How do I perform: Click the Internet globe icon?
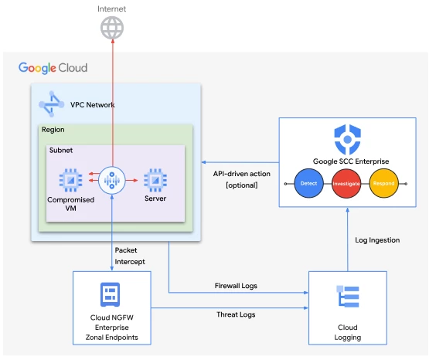coord(112,28)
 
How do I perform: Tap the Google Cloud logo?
coord(53,68)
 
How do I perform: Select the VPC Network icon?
coord(52,104)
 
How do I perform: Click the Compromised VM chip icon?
coord(70,180)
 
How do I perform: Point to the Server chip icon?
coord(155,180)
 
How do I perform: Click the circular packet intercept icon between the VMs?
coord(112,181)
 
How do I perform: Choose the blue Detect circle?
coord(308,183)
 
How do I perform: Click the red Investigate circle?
coord(346,183)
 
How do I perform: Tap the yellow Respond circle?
coord(383,183)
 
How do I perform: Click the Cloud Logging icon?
coord(348,297)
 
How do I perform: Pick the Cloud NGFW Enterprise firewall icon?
coord(110,294)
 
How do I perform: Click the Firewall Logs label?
coord(236,286)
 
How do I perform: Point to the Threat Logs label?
coord(236,314)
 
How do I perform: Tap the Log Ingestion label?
coord(377,240)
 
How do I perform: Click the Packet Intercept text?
coord(130,256)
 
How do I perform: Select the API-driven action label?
coord(242,174)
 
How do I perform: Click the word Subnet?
coord(61,150)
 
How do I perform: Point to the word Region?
coord(53,130)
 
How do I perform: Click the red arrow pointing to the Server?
coord(131,181)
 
